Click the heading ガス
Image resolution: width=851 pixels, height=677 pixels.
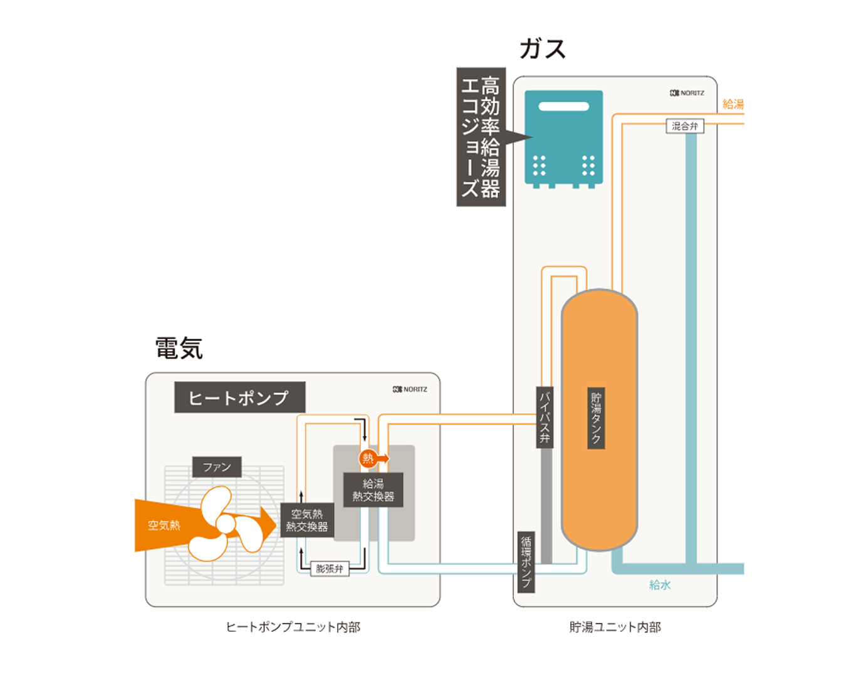tap(543, 49)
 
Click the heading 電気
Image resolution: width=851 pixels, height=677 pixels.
tap(179, 349)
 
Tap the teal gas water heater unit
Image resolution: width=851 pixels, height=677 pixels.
tap(563, 138)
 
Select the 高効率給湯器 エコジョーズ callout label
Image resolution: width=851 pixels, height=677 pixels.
tap(481, 137)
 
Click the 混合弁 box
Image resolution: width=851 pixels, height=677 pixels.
tap(684, 127)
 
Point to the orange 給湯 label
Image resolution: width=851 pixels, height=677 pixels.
tap(733, 104)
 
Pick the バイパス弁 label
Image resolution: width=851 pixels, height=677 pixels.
tap(545, 417)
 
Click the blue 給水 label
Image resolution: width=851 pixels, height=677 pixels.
tap(660, 585)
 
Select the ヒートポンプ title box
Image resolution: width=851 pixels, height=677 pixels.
tap(239, 397)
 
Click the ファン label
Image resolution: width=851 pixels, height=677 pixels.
tap(217, 467)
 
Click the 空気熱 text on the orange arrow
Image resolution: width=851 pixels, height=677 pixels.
tap(164, 525)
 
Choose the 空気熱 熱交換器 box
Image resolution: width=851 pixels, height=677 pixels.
tap(307, 520)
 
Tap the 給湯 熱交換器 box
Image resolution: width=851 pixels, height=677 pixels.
tap(373, 490)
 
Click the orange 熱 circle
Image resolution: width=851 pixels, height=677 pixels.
tap(368, 458)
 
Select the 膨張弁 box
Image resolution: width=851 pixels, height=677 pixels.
tap(330, 569)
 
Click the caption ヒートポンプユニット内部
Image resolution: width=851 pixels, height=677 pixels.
tap(293, 627)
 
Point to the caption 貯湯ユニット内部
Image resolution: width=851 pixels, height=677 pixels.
tap(615, 627)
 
